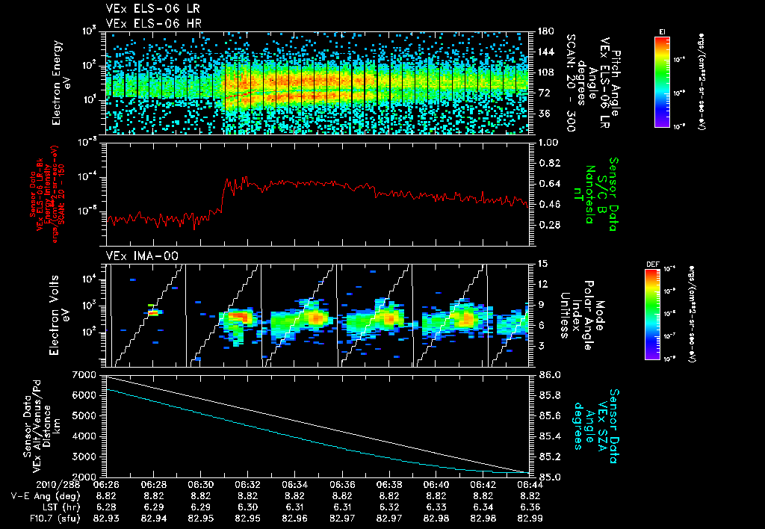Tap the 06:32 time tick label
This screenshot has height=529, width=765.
click(x=247, y=484)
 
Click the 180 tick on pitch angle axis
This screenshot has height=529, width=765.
click(x=545, y=32)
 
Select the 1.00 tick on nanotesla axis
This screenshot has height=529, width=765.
click(x=550, y=142)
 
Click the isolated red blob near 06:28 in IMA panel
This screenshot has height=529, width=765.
click(x=153, y=312)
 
